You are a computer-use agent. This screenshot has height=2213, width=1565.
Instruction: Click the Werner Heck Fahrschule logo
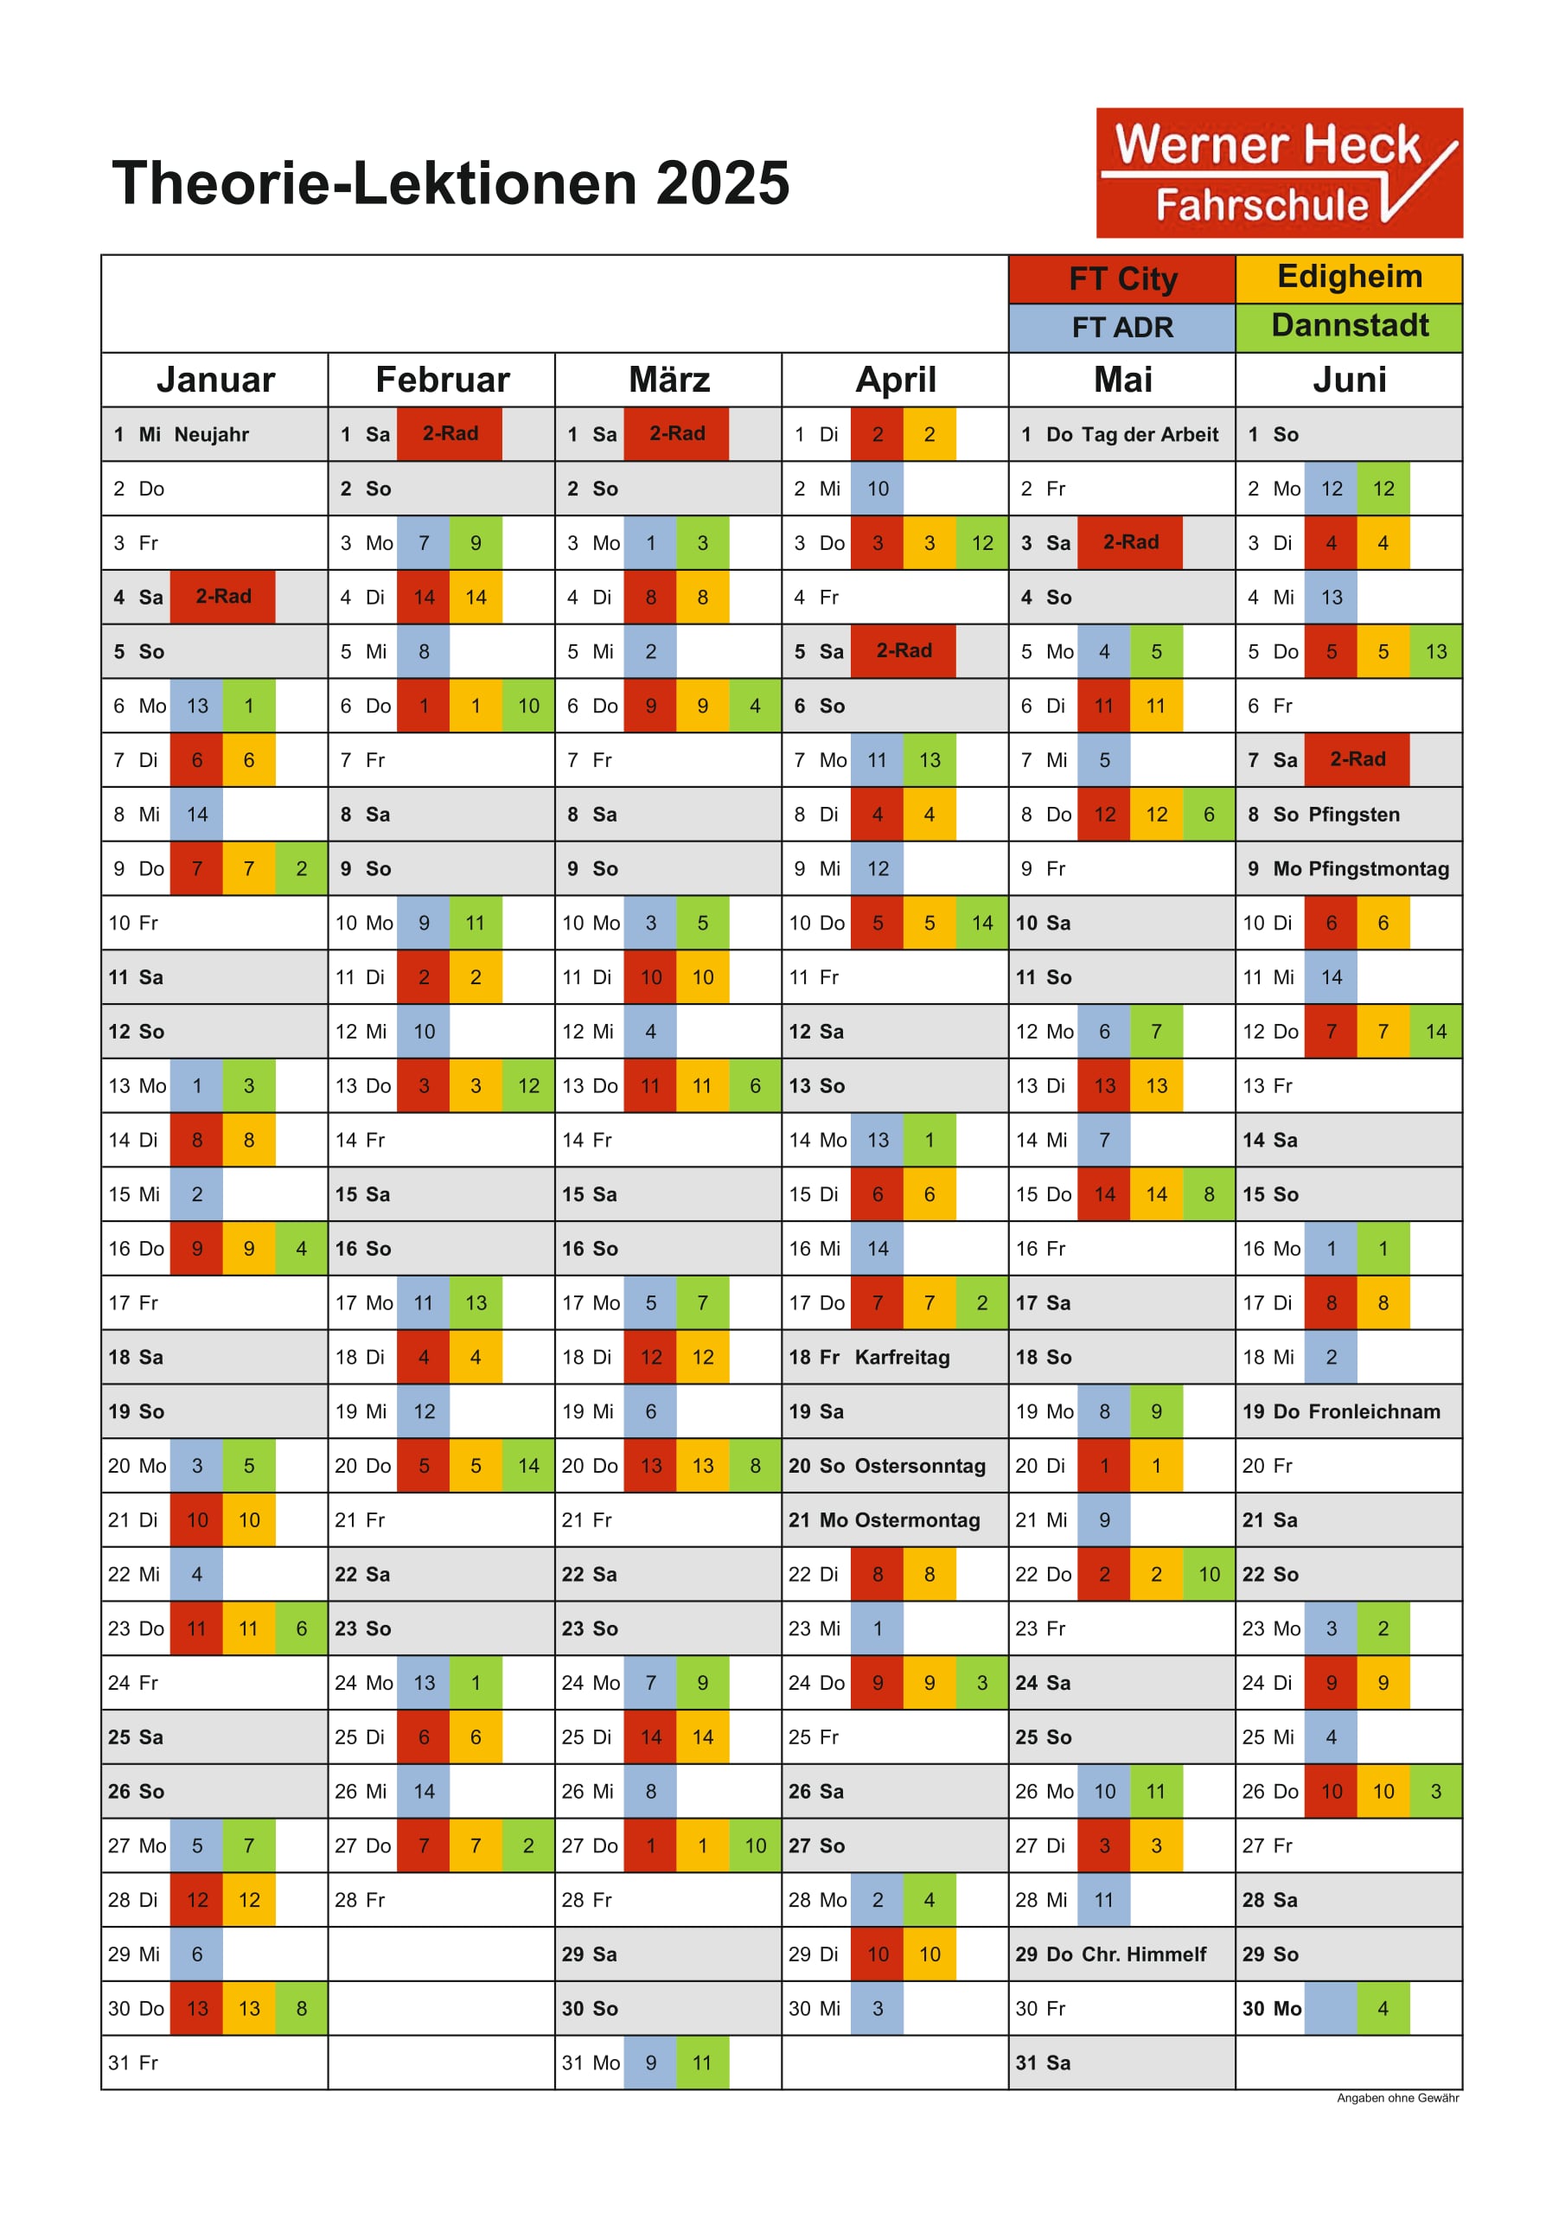coord(1279,173)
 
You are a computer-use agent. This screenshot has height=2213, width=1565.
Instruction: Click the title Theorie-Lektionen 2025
coord(450,183)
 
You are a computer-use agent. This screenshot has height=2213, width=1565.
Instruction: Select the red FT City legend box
coord(1121,279)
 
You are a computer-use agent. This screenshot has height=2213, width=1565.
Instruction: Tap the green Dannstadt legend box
coord(1349,328)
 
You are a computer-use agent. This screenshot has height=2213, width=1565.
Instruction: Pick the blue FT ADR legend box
coord(1121,328)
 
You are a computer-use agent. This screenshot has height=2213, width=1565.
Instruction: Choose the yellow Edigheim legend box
coord(1349,279)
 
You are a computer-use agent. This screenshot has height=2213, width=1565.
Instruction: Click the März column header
coord(668,380)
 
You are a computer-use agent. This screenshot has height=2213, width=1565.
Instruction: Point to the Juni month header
coord(1349,380)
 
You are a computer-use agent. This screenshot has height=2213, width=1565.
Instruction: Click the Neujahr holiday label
coord(211,435)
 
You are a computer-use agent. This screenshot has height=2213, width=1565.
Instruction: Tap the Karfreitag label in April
coord(902,1357)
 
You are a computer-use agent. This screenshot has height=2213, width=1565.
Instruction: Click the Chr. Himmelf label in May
coord(1144,1954)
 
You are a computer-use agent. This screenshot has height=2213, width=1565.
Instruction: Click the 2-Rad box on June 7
coord(1357,759)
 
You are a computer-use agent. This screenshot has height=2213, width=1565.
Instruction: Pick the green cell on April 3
coord(982,542)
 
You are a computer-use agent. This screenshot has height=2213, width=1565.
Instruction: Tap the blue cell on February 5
coord(424,651)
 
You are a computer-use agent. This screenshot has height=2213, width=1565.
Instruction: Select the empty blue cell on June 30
coord(1331,2008)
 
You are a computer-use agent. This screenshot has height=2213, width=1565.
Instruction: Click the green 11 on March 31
coord(702,2063)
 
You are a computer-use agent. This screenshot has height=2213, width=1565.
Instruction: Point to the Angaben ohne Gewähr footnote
coord(1397,2098)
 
